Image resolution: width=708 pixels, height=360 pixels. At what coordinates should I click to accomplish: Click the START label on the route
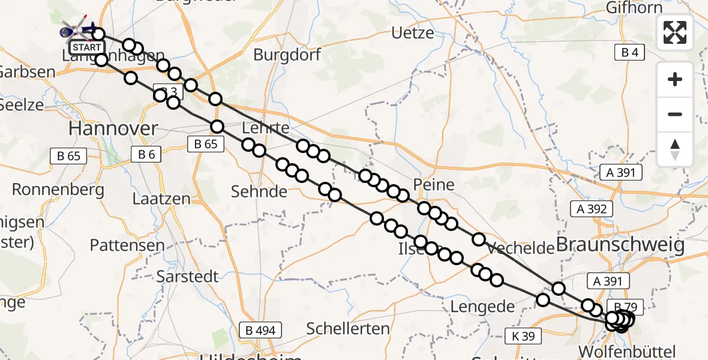click(x=86, y=47)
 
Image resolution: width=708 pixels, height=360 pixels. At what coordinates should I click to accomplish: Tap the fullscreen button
click(x=675, y=32)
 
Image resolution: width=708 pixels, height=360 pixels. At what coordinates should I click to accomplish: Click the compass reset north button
click(x=675, y=149)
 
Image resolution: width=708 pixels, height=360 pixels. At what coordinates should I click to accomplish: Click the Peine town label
click(x=434, y=184)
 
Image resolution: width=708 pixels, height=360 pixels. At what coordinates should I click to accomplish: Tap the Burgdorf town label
click(x=287, y=55)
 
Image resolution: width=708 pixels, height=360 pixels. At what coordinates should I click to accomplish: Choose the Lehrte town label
click(x=266, y=128)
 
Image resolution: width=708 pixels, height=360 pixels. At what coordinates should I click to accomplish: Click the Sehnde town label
click(x=259, y=191)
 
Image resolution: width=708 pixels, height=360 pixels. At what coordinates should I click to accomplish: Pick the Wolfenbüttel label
click(x=628, y=351)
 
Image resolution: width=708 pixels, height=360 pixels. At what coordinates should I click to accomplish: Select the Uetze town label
click(x=412, y=32)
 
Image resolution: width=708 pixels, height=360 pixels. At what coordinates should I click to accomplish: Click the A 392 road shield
click(x=592, y=209)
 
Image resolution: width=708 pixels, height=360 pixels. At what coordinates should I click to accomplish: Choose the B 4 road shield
click(x=629, y=53)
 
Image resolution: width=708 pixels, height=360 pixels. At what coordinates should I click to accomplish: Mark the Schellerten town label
click(x=348, y=328)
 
